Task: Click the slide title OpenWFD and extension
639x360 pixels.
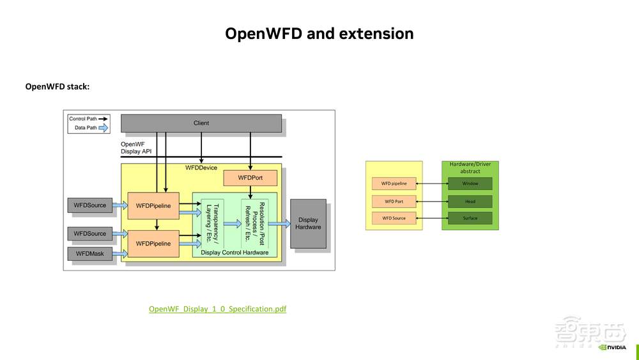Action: point(319,33)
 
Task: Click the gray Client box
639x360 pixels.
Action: point(201,123)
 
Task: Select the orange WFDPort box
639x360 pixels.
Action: point(250,177)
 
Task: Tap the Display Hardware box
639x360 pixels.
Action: point(308,223)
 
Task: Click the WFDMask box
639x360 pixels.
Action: point(89,254)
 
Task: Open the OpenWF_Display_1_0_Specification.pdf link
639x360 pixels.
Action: point(217,309)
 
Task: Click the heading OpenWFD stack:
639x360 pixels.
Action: point(57,86)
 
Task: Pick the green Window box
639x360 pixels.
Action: point(470,184)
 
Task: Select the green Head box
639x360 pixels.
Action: point(470,201)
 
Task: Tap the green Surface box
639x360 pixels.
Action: point(470,218)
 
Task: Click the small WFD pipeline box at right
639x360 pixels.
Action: point(394,184)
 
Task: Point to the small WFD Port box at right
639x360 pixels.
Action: point(394,201)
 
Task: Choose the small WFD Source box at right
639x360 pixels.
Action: point(394,218)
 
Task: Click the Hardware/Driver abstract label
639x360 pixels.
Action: point(470,168)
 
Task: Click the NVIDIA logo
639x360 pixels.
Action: point(612,347)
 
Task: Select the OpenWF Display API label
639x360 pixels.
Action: point(135,148)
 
